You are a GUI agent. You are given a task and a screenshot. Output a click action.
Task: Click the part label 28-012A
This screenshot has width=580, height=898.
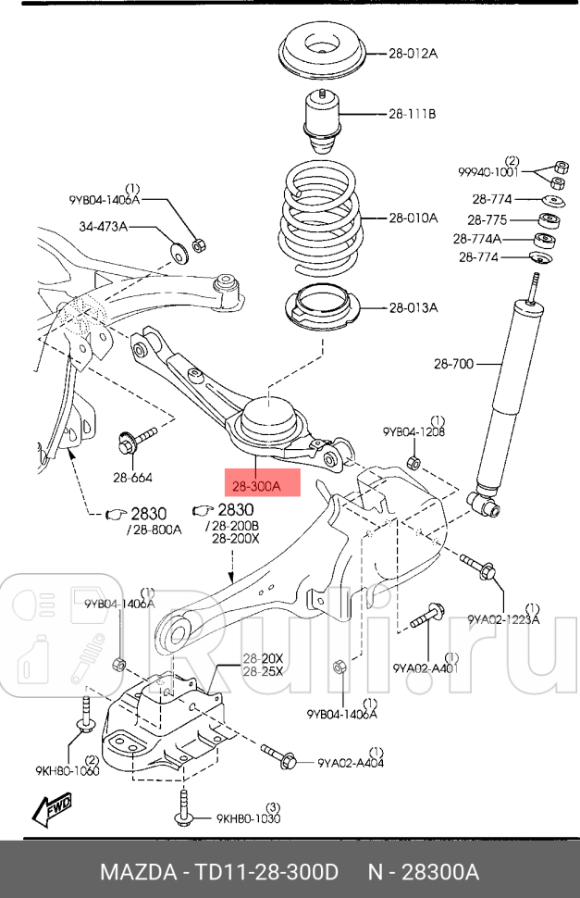pos(413,54)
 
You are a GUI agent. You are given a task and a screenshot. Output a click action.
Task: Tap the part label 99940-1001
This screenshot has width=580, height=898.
pos(489,171)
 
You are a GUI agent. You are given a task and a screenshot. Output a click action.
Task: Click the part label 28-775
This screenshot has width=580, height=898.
pos(486,220)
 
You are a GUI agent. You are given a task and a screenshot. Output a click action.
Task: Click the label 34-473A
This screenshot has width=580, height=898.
pos(103,226)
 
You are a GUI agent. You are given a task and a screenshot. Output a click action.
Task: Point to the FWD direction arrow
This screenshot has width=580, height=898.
pos(53,812)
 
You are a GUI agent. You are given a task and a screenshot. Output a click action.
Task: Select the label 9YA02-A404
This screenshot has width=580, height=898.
pos(351,763)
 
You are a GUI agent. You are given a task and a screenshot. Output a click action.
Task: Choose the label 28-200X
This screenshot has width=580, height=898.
pos(236,538)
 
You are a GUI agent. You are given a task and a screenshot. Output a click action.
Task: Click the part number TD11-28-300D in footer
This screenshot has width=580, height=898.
pos(269,873)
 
